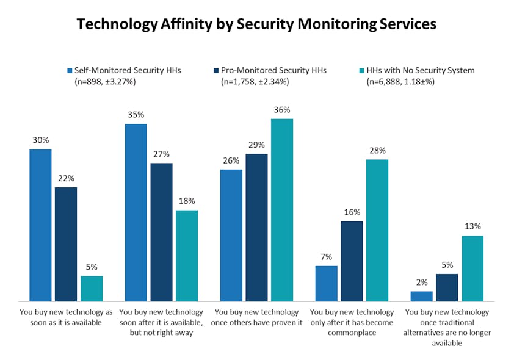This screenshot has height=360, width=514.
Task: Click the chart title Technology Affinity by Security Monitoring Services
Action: coord(256,24)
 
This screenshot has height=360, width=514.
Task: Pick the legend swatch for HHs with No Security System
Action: coord(361,70)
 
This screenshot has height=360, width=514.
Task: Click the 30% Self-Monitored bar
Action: coord(40,225)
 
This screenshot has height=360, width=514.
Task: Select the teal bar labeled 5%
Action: coord(92,288)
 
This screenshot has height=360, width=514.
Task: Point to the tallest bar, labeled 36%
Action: coord(282,209)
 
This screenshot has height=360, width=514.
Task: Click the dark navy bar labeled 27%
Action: coord(161,232)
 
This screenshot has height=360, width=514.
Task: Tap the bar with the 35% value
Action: coord(136,212)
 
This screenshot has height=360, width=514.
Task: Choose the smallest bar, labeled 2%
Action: coord(421,296)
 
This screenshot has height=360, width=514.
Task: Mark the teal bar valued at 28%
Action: coord(377,230)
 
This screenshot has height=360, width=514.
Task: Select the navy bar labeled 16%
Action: coord(352,261)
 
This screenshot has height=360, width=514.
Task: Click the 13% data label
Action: coord(472,227)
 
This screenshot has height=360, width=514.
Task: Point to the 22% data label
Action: coord(66,178)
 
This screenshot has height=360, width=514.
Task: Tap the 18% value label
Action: coord(187,201)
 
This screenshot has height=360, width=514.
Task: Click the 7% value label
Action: coord(326,257)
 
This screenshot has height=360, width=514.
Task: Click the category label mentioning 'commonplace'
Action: coord(352,322)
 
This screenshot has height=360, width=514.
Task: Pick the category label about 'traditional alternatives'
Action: coord(447,328)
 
